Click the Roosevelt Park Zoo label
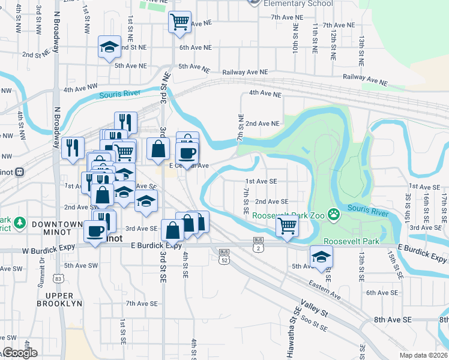coord(288,215)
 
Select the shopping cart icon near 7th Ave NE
coord(179,22)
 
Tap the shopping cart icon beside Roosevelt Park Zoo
coord(287,226)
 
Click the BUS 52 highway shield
coord(224,256)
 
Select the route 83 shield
coord(58,278)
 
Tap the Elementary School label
coord(298,4)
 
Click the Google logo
coord(20,353)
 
